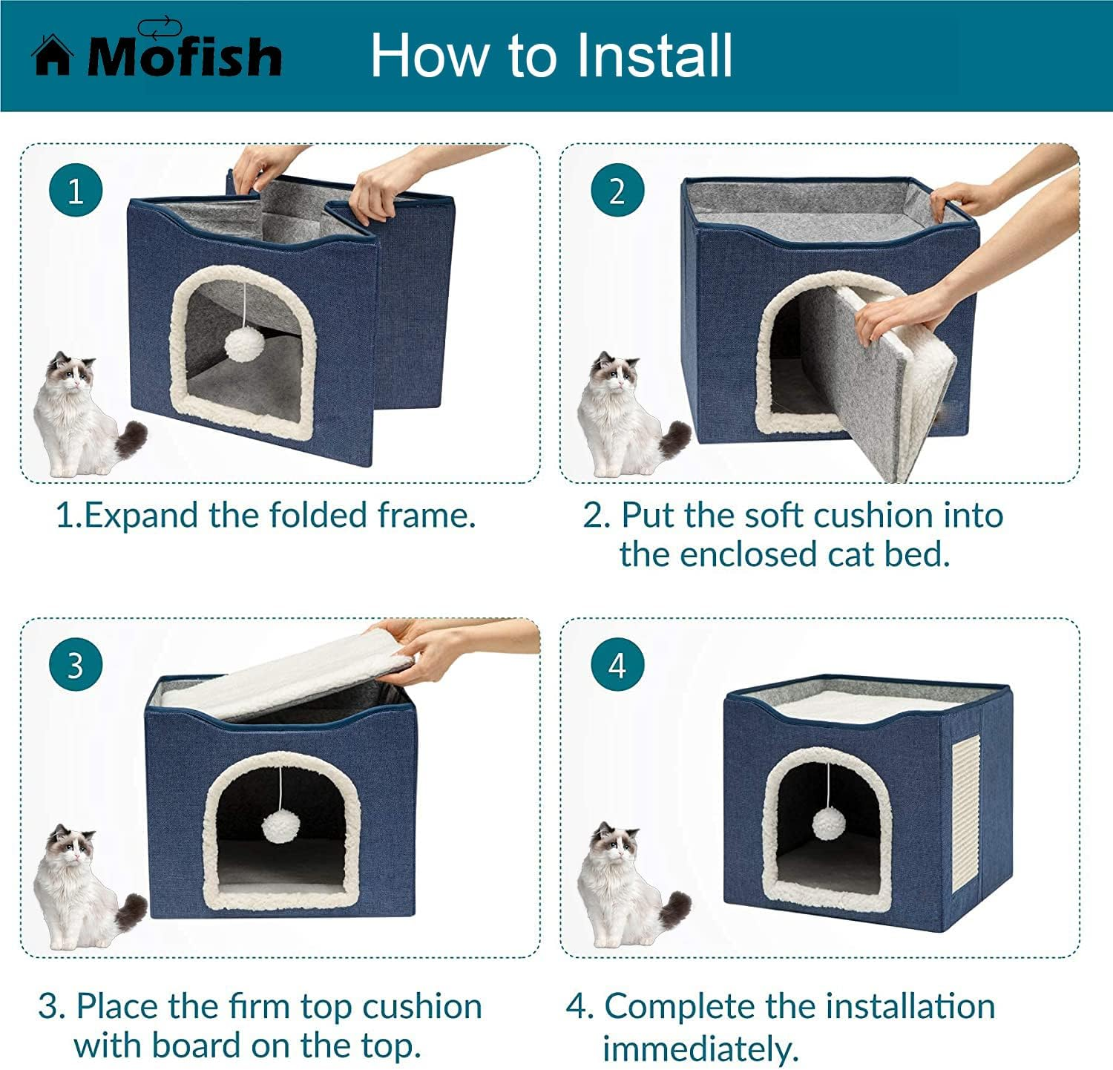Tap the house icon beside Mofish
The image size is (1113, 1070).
pyautogui.click(x=52, y=56)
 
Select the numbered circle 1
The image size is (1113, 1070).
pyautogui.click(x=76, y=191)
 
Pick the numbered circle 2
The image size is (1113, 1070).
pyautogui.click(x=617, y=191)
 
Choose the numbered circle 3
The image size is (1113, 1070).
pyautogui.click(x=76, y=665)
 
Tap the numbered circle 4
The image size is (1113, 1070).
pyautogui.click(x=617, y=665)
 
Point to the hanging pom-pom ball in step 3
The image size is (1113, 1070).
pyautogui.click(x=280, y=827)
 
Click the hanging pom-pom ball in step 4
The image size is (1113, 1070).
pyautogui.click(x=828, y=823)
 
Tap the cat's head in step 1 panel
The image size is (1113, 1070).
pyautogui.click(x=71, y=371)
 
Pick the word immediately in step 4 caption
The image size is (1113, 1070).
pyautogui.click(x=700, y=1048)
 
